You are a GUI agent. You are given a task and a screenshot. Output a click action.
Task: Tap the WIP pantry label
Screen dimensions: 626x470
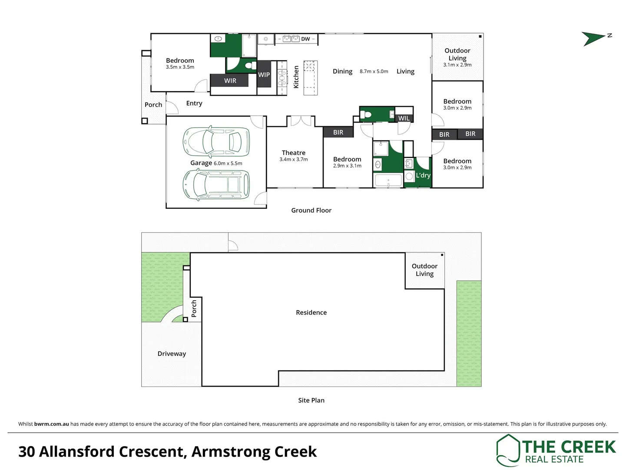pos(264,75)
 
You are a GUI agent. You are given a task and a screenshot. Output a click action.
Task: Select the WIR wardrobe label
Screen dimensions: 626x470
pos(230,81)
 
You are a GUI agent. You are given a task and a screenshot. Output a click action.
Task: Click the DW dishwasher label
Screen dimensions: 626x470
pos(305,39)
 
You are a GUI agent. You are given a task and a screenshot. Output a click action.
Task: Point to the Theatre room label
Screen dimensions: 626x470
pos(294,153)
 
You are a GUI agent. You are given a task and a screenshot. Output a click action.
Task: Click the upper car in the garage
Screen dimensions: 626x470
pos(216,142)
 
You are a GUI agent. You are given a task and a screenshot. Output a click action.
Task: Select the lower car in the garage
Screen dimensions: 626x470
pos(216,185)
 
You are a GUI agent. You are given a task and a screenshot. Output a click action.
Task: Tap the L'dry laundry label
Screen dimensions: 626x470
pos(423,175)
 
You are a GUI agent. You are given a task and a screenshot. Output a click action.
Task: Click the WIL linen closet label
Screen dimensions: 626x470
pos(404,118)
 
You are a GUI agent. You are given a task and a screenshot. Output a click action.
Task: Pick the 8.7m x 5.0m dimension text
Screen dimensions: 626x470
pos(374,71)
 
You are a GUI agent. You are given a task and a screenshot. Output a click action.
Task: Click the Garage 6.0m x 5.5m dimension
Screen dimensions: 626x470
pos(228,164)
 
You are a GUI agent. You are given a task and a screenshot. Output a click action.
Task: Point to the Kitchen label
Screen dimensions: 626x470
pos(296,77)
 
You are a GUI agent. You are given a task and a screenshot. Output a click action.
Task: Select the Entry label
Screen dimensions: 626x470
pos(194,103)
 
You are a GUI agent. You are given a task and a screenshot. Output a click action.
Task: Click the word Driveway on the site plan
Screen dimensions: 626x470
pos(172,354)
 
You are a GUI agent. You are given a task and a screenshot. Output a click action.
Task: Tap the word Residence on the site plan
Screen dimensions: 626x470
pos(311,312)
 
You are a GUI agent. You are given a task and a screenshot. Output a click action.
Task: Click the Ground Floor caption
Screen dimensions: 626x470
pos(311,210)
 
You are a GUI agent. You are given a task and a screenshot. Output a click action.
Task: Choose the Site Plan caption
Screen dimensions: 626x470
pos(311,400)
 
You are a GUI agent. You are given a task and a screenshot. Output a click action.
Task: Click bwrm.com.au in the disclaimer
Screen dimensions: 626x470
pos(52,424)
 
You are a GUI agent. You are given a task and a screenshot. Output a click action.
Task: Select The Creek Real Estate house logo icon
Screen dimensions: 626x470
pos(508,450)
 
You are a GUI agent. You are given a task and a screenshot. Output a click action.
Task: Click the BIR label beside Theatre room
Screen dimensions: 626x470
pos(338,132)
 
